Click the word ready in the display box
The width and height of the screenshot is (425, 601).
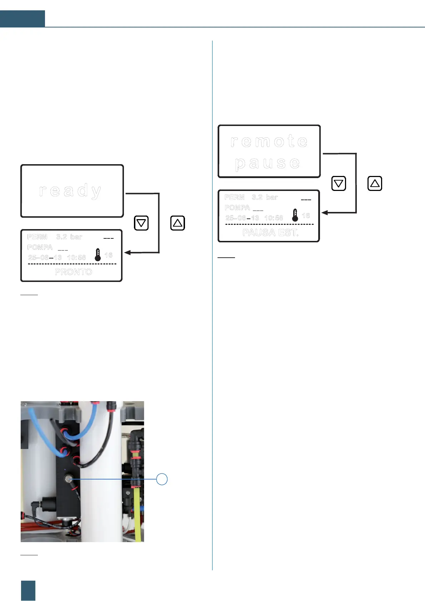tap(71, 191)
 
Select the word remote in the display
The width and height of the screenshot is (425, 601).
tap(269, 141)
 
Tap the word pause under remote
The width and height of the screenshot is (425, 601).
tap(267, 163)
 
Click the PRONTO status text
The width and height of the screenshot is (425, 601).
tap(74, 272)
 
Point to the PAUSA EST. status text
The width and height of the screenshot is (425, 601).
tap(270, 233)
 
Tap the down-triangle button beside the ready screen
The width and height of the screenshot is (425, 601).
tap(141, 223)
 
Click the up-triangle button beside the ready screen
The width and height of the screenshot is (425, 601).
tap(177, 223)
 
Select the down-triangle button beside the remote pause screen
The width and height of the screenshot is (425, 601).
tap(339, 183)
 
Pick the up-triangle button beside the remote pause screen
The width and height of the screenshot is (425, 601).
tap(375, 183)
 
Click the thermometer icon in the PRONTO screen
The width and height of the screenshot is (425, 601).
tap(97, 255)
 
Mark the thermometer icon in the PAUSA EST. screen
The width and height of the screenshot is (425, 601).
tap(295, 215)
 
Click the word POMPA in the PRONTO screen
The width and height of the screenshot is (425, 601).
tap(40, 247)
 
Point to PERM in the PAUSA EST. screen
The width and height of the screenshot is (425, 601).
tap(234, 197)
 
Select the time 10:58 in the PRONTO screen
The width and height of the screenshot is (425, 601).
tap(76, 258)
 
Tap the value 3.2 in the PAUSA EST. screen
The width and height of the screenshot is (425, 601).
tap(257, 197)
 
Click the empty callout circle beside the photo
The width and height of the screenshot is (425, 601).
tap(162, 479)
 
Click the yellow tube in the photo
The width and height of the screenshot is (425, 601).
tap(137, 514)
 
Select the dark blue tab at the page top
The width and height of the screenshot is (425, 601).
tap(22, 19)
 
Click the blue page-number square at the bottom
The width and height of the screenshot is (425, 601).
tap(28, 590)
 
